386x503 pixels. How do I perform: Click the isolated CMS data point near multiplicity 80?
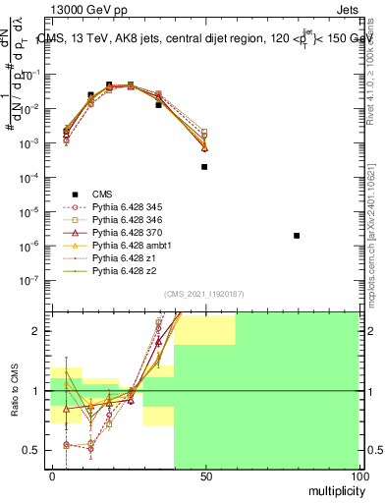297,236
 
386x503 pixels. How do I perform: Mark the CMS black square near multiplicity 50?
204,167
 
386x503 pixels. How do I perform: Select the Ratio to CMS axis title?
14,393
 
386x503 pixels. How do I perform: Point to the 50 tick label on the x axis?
204,476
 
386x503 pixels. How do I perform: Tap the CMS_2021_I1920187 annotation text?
204,294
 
